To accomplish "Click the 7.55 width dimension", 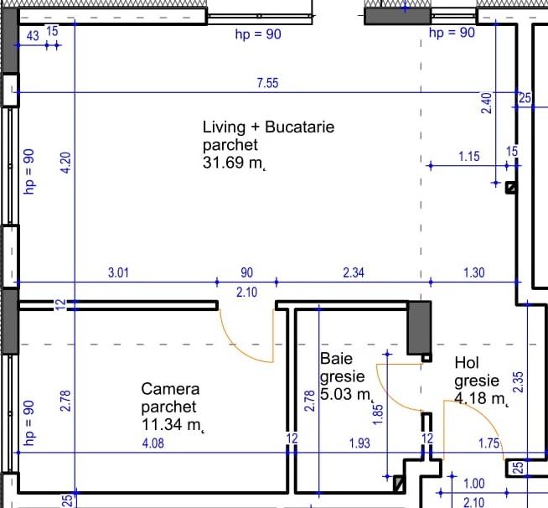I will pos(267,82).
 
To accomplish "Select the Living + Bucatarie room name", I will pos(268,127).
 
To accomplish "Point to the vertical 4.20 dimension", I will pos(66,161).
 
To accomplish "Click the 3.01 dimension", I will pos(118,272).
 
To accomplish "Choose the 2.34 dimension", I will pos(353,272).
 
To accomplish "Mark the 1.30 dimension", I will pos(473,272).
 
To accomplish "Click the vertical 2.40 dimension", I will pos(487,103).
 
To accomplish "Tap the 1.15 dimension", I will pos(469,156).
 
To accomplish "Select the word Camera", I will pos(170,389).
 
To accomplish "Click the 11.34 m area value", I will pos(173,425).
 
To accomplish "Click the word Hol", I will pos(466,363).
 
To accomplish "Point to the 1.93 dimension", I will pos(359,442).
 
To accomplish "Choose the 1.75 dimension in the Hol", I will pos(487,442).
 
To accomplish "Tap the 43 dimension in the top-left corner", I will pos(33,35).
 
